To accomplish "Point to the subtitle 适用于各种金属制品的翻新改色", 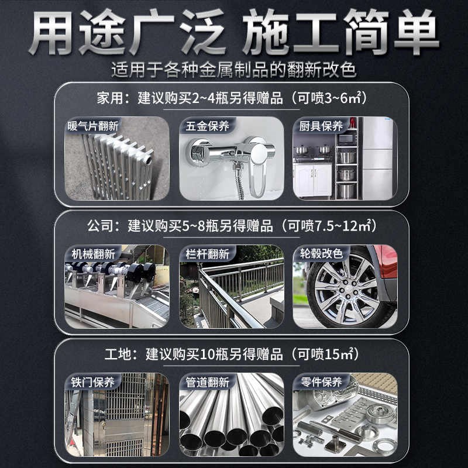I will coord(233,70).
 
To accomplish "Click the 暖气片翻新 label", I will coord(93,126).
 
